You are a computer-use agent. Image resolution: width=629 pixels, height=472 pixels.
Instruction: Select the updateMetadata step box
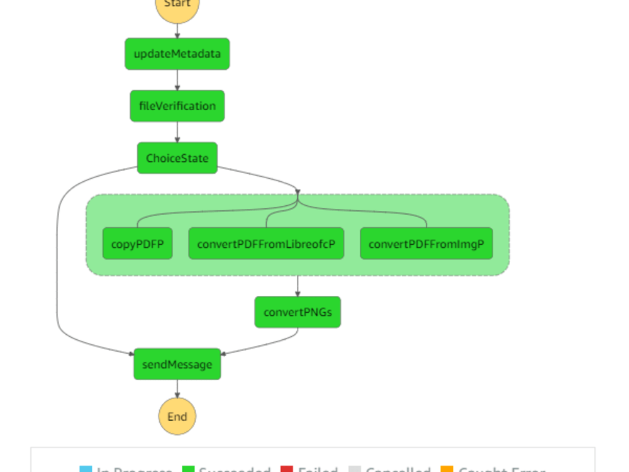coord(177,54)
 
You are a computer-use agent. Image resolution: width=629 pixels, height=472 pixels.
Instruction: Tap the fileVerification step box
coord(177,106)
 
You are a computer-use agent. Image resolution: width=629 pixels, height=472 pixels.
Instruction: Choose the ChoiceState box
coord(177,158)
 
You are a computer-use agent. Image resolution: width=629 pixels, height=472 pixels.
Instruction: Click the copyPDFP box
coord(138,244)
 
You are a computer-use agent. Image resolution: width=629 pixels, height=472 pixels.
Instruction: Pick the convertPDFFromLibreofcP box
coord(266,244)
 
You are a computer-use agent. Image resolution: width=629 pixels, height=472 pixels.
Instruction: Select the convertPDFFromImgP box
coord(426,244)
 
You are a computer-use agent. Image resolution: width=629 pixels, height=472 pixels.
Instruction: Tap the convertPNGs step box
coord(298,312)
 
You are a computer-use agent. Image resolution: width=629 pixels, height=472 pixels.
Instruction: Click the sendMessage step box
coord(177,364)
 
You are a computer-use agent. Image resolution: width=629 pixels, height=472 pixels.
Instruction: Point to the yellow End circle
coord(177,417)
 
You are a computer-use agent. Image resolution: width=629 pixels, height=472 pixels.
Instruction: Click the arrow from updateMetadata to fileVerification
coord(177,80)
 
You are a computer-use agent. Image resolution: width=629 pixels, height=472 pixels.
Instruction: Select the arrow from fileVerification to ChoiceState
coord(177,132)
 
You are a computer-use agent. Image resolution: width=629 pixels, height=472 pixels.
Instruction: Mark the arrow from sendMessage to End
coord(177,389)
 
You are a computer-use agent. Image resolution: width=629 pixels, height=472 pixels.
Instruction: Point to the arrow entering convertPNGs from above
coord(298,286)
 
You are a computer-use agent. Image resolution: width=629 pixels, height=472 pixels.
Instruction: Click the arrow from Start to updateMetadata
coord(177,31)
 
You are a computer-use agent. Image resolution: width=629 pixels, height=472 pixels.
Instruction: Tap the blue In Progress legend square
coord(86,469)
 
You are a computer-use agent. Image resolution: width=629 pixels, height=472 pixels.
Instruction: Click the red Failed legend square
coord(287,469)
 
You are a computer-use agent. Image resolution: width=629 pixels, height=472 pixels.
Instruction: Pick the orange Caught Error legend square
coord(447,469)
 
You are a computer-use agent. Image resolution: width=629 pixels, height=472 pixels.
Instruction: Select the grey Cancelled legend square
coord(355,469)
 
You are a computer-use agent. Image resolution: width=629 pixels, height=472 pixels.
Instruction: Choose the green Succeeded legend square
coord(188,469)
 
